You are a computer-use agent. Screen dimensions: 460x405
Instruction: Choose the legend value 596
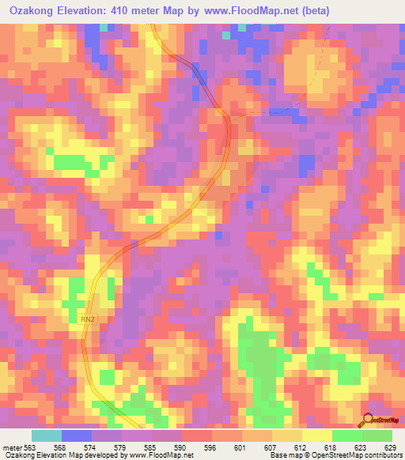click(212, 447)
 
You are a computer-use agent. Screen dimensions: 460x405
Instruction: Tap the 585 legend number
click(152, 447)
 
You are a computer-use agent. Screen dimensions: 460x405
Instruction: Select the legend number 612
click(301, 447)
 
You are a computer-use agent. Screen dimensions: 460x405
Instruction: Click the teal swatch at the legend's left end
click(47, 435)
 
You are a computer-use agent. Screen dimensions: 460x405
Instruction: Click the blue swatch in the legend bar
click(77, 435)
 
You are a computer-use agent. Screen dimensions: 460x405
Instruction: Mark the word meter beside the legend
click(13, 447)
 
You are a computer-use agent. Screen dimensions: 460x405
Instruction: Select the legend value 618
click(331, 447)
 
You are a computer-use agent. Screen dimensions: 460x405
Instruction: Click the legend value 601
click(241, 447)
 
